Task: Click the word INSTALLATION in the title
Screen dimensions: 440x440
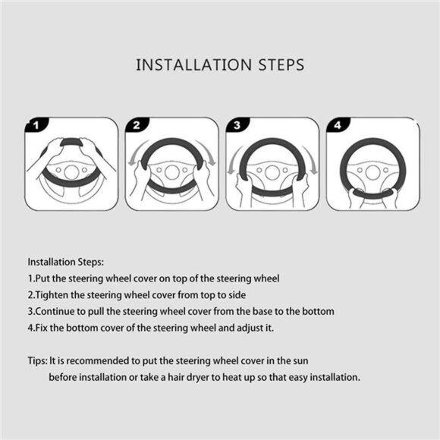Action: point(193,64)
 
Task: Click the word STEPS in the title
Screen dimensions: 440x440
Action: point(281,64)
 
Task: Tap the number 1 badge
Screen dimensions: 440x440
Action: point(36,124)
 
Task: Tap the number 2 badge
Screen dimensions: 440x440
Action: point(137,124)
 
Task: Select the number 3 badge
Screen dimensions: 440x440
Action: point(237,124)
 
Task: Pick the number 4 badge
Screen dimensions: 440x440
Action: point(338,124)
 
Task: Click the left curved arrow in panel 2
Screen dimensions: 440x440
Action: point(135,153)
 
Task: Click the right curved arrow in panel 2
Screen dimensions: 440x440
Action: point(208,153)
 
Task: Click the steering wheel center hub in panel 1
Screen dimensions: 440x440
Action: point(71,172)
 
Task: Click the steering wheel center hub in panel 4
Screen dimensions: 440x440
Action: point(373,172)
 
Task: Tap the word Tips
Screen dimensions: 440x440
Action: point(37,361)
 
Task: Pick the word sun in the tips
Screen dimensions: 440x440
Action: point(300,361)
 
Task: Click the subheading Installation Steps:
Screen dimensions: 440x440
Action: point(66,262)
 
